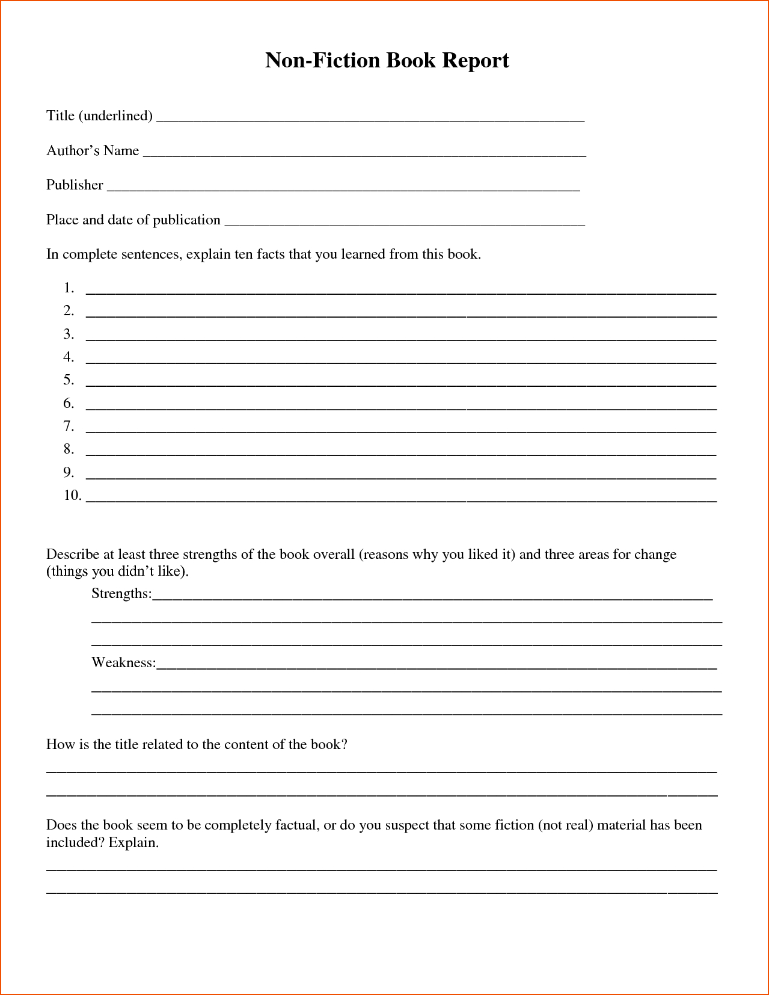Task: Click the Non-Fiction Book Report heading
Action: click(x=387, y=60)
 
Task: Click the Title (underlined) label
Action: click(x=99, y=116)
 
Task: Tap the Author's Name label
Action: click(x=93, y=150)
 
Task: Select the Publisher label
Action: click(x=75, y=185)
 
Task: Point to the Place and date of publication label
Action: click(x=133, y=220)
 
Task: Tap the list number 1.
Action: click(x=69, y=288)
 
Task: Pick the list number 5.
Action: click(x=69, y=380)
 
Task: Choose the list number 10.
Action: click(x=72, y=495)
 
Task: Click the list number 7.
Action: click(x=69, y=427)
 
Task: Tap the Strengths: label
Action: click(x=121, y=594)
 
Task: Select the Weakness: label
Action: click(x=123, y=663)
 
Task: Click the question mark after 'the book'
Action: click(x=345, y=745)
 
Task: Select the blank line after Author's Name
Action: click(x=364, y=155)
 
